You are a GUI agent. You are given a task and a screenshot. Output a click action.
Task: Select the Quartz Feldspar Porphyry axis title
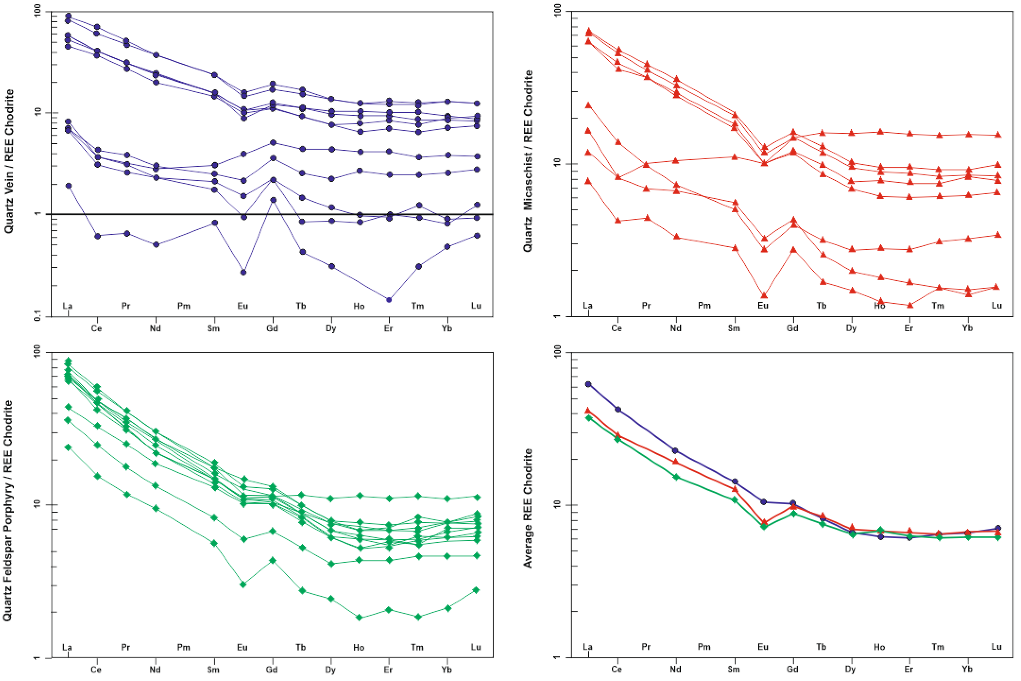[x=8, y=510]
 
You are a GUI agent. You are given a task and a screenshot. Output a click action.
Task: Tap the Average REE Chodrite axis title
[x=527, y=508]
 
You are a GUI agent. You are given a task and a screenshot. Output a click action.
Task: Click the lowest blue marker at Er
[x=389, y=300]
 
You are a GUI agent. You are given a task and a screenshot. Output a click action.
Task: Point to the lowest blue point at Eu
[x=243, y=272]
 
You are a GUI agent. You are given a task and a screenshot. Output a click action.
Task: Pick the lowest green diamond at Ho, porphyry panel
[x=360, y=617]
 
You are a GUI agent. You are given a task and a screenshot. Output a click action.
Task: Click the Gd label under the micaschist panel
[x=793, y=328]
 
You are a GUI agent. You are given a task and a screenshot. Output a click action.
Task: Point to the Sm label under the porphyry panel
[x=213, y=669]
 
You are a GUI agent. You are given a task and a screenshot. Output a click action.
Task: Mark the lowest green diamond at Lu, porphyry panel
[x=476, y=590]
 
